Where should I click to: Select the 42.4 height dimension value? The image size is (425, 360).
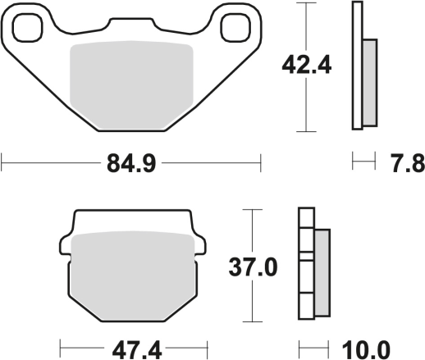tap(305, 65)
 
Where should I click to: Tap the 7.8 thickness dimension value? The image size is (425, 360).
tap(405, 164)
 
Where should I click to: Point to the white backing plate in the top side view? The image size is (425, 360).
tap(357, 66)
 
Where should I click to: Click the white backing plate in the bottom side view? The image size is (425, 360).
tap(306, 271)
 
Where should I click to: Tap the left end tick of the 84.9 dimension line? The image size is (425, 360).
tap(2, 163)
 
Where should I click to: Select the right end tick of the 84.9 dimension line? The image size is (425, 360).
tap(259, 163)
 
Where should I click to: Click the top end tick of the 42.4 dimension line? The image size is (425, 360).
tap(305, 3)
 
